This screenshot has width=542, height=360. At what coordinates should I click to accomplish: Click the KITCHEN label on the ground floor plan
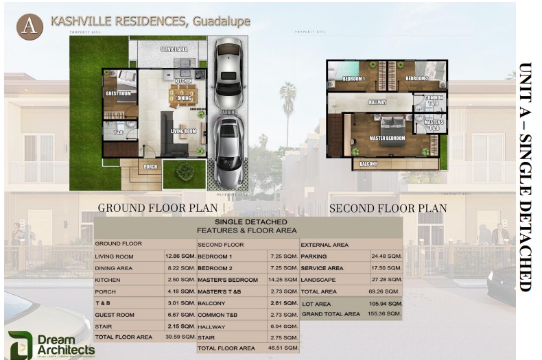[x=183, y=81]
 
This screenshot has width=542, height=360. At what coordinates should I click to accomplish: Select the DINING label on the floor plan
[x=184, y=98]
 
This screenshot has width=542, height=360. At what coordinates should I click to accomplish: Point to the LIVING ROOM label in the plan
[x=184, y=131]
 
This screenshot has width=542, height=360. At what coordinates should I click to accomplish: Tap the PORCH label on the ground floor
[x=151, y=166]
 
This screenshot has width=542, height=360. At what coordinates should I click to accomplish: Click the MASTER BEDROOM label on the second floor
[x=387, y=139]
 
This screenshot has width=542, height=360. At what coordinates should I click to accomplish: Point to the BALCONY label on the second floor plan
[x=368, y=165]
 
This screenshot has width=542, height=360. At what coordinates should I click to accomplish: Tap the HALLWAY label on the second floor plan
[x=378, y=102]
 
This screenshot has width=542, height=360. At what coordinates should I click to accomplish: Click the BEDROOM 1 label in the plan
[x=353, y=79]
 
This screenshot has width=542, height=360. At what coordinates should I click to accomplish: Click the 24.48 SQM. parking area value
[x=386, y=256]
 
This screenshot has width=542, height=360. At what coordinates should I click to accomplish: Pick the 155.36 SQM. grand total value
[x=386, y=314]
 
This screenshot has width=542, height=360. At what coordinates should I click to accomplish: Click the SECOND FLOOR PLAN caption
[x=388, y=208]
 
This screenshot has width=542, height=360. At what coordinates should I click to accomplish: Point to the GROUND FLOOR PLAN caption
[x=158, y=208]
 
